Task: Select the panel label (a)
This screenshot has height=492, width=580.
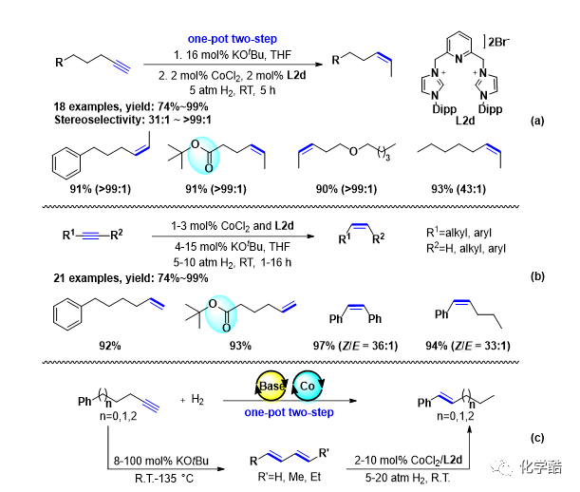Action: [x=537, y=123]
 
